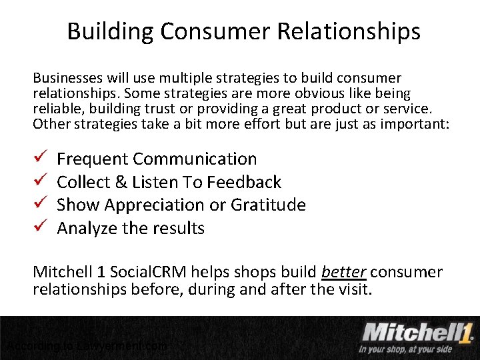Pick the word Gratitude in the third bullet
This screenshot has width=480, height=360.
coord(268,205)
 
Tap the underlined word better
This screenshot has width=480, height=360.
coord(343,272)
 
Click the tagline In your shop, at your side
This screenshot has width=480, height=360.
coord(405,349)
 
